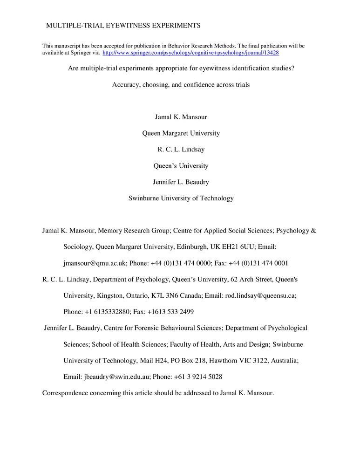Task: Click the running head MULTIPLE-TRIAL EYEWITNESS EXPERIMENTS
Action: [123, 25]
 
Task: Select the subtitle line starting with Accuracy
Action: [181, 85]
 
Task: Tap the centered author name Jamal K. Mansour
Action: [181, 117]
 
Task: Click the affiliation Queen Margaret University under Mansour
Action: [181, 133]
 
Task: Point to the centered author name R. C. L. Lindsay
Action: [181, 150]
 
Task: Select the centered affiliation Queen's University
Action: [181, 165]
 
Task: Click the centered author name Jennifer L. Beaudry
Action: [181, 182]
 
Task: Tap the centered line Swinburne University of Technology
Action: [181, 198]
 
